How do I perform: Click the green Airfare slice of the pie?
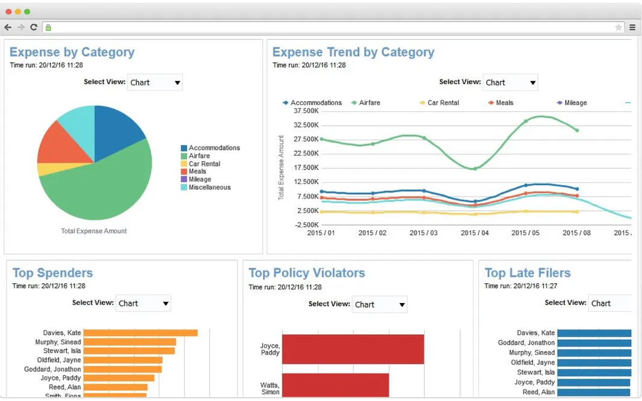102,186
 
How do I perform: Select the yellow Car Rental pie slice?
46,169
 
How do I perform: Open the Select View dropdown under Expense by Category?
155,82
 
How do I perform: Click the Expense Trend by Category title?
353,52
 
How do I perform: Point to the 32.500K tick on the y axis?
304,125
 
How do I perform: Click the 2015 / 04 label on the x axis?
475,233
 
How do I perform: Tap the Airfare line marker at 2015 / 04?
475,168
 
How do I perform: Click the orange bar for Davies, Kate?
140,332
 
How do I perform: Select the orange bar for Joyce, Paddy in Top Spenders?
119,378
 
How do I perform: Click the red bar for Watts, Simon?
335,385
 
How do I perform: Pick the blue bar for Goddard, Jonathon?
594,343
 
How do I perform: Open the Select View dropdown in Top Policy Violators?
379,305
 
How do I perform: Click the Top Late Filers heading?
527,273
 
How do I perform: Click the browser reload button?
34,27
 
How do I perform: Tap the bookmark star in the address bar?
619,27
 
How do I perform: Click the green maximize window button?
27,11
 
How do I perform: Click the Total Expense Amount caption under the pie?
94,231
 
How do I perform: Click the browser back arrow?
8,27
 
